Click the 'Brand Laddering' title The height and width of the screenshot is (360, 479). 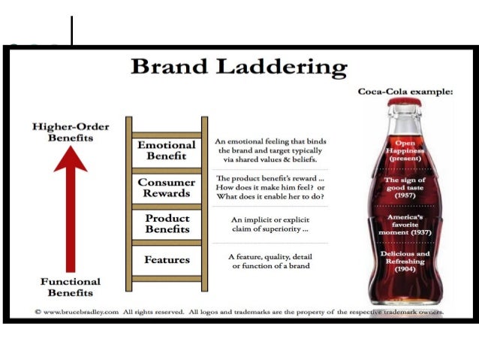point(239,68)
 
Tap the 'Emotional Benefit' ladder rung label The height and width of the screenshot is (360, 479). point(166,150)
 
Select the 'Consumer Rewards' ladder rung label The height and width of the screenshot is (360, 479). point(166,188)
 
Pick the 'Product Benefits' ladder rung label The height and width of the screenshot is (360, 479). point(166,224)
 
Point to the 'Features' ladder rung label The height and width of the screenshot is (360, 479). point(166,260)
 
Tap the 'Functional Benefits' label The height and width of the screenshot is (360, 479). point(70,286)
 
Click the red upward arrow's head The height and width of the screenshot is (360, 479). point(70,159)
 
